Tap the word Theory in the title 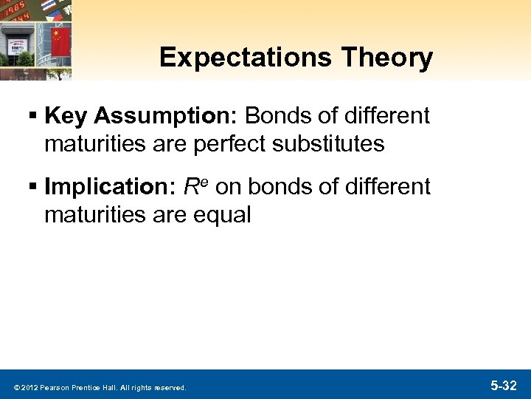tap(395, 58)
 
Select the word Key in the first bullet tap(68, 116)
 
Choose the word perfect tap(223, 143)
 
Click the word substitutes tap(327, 143)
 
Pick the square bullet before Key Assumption tap(35, 117)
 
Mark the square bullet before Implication tap(35, 188)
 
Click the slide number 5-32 tap(503, 386)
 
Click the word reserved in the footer tap(170, 387)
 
